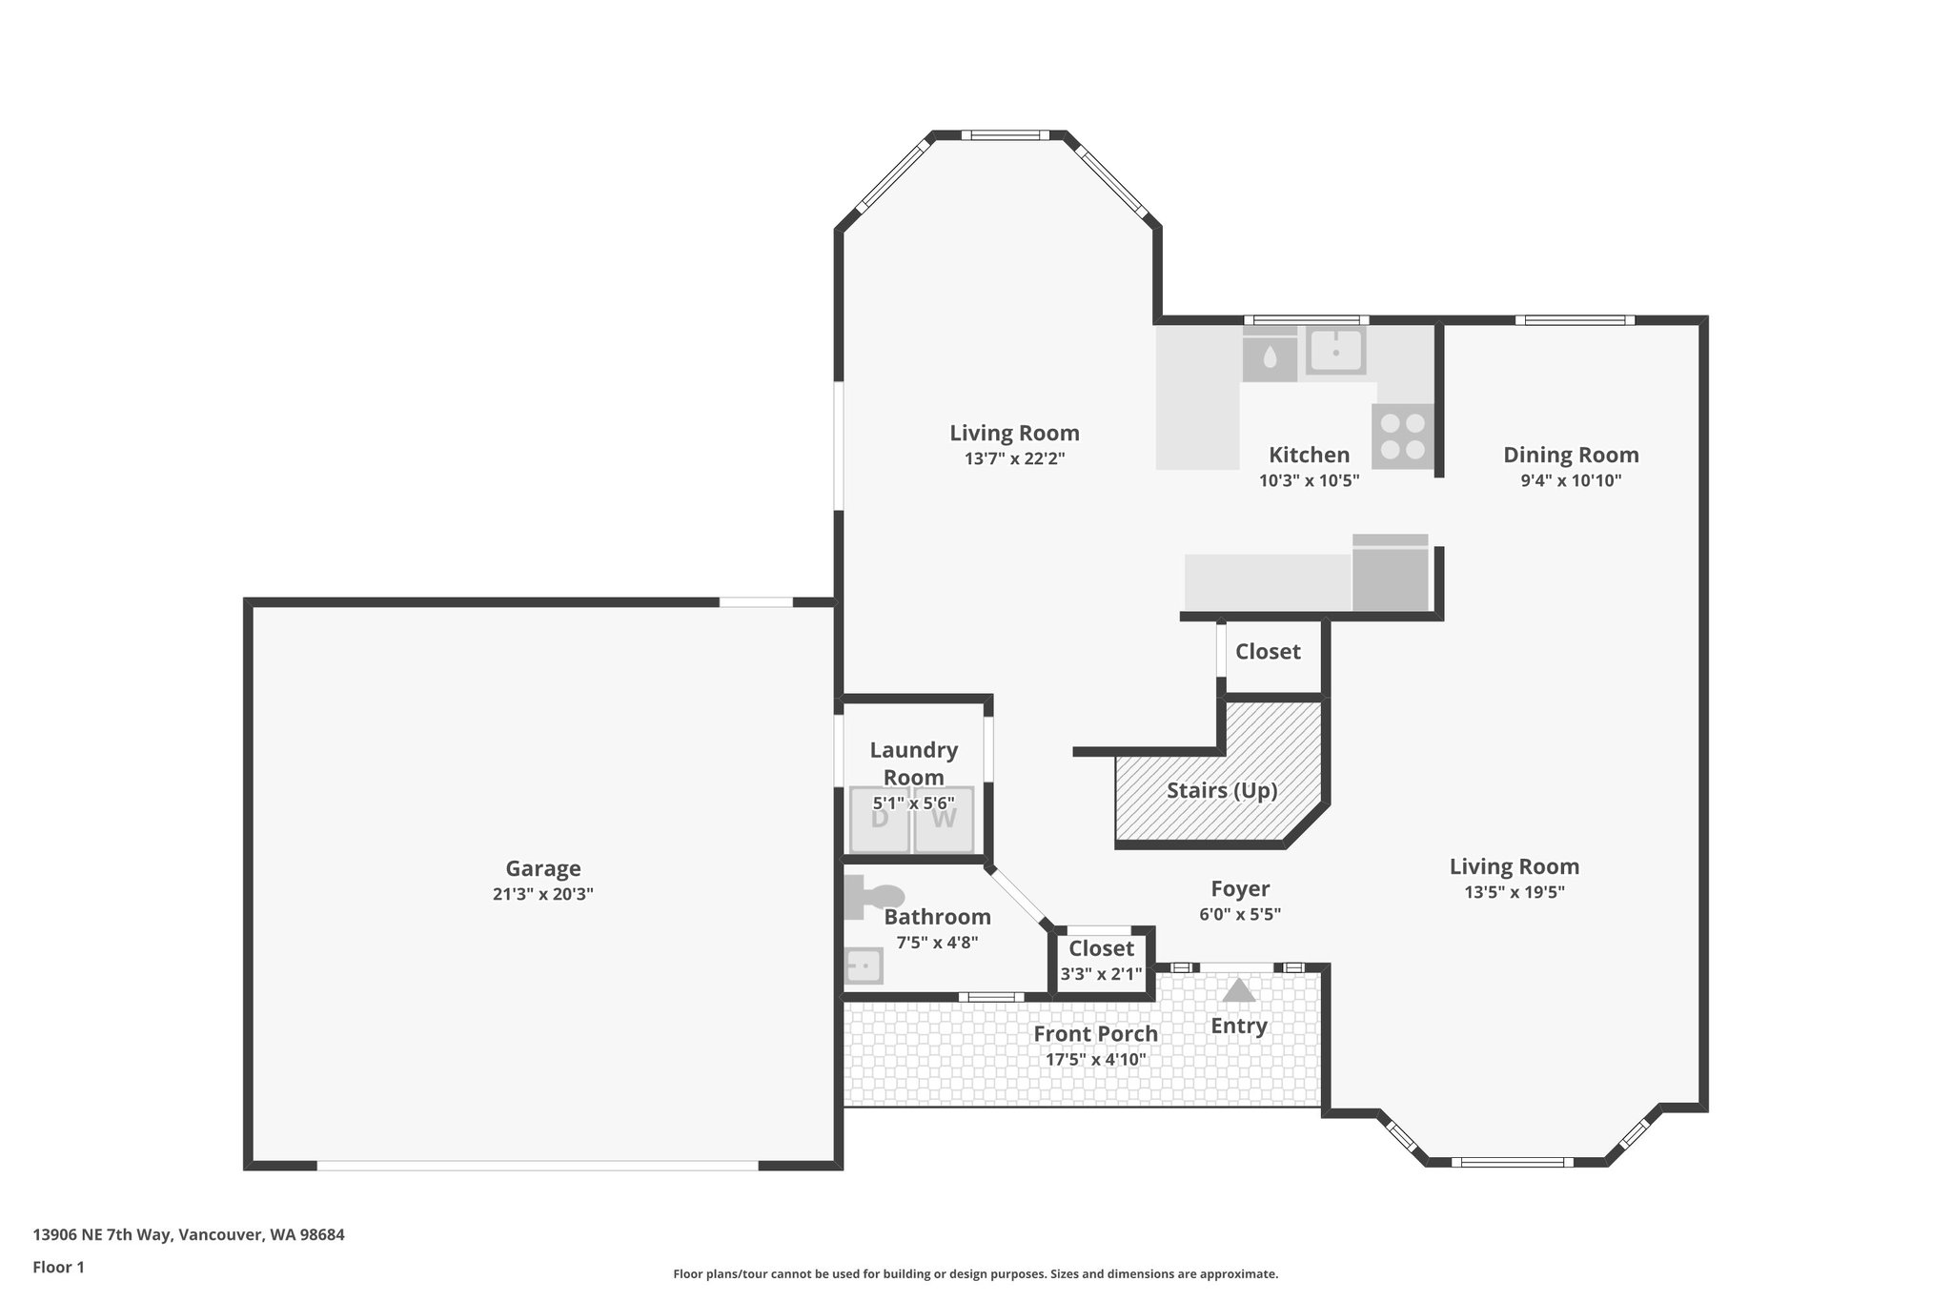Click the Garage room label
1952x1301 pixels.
[x=542, y=868]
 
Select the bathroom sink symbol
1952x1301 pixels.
[x=864, y=966]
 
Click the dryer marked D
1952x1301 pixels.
[x=880, y=819]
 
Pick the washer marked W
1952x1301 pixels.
[x=944, y=819]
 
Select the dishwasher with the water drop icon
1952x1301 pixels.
[x=1270, y=356]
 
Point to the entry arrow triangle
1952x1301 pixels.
[x=1238, y=990]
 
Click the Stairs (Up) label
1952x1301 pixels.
[x=1222, y=790]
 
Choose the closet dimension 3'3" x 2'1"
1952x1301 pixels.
[x=1101, y=974]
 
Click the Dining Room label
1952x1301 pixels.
[x=1571, y=455]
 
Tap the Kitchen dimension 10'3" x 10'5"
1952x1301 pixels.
[x=1309, y=480]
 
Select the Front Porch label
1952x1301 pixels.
[x=1095, y=1033]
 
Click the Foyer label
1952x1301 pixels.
[x=1239, y=888]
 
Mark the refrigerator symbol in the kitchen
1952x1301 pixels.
[x=1391, y=574]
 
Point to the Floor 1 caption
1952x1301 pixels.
[x=58, y=1267]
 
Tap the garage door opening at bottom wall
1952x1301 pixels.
[x=538, y=1165]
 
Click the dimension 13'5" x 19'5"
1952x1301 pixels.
[x=1514, y=892]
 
